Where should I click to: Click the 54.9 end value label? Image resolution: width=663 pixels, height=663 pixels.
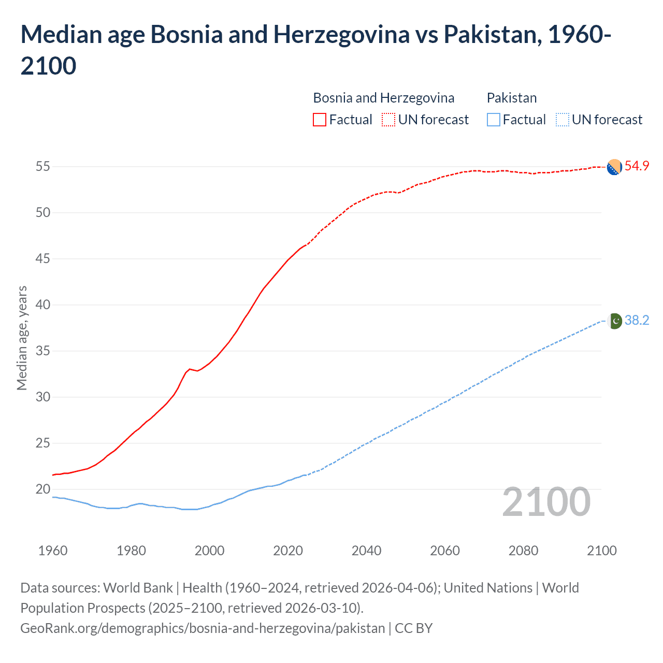[637, 166]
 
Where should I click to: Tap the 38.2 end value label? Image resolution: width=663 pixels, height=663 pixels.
[637, 321]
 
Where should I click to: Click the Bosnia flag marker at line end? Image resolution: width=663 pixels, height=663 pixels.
[614, 167]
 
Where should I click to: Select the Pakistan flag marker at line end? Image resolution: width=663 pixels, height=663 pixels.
[615, 321]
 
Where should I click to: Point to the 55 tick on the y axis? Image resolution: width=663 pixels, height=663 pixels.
[43, 167]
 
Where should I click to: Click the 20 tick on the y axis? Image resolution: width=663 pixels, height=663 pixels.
[43, 489]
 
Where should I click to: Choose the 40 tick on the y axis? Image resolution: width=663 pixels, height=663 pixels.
[43, 305]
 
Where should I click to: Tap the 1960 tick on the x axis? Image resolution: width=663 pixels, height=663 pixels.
[53, 551]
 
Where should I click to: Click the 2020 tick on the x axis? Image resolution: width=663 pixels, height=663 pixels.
[288, 551]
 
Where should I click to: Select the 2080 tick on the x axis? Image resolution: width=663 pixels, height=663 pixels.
[523, 551]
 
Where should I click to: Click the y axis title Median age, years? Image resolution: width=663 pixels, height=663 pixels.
[22, 338]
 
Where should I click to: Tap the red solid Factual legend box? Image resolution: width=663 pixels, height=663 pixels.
[320, 120]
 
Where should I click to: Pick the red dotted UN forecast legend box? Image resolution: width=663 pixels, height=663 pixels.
[388, 120]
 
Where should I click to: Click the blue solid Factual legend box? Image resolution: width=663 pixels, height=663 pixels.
[494, 120]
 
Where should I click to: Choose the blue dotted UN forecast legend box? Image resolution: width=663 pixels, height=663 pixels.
[562, 120]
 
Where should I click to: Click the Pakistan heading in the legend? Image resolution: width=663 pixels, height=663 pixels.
[512, 98]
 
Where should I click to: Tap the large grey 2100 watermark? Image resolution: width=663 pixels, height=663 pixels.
[546, 502]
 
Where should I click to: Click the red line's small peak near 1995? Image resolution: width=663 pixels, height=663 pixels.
[190, 369]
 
